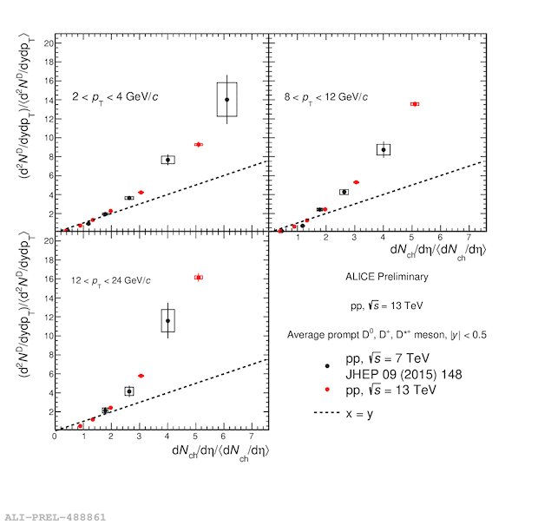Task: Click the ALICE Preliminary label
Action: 387,277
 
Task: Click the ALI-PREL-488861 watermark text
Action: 56,517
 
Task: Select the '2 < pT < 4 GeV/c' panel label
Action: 115,97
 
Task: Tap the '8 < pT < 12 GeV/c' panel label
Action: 325,97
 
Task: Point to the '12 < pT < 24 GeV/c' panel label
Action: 111,281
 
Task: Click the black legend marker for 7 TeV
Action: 327,366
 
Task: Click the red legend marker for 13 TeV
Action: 327,389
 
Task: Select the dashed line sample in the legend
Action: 326,412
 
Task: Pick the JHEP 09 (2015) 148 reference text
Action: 403,374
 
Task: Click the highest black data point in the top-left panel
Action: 226,100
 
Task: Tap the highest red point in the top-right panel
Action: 415,104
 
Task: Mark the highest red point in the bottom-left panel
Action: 199,278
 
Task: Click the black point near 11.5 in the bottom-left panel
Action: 167,321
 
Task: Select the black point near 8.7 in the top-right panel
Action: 384,149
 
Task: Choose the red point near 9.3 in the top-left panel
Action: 199,144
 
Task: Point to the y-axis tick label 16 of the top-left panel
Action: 48,81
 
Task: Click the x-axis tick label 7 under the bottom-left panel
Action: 252,436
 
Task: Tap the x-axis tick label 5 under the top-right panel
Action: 411,237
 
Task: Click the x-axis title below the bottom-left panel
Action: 220,453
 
